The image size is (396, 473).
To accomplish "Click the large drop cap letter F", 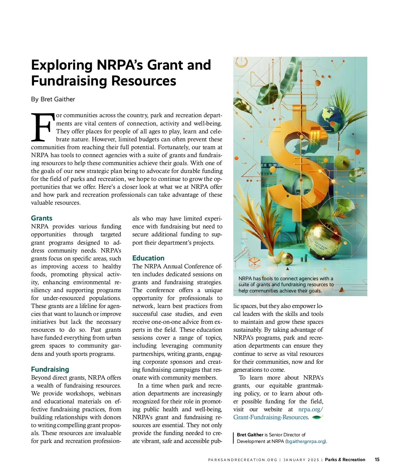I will pos(43,127).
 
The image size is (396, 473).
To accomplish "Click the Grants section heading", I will pos(42,218).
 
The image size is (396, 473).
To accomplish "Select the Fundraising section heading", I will pos(50,369).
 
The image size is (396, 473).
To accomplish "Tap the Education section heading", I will pos(148,258).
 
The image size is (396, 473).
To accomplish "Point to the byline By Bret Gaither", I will pos(53,99).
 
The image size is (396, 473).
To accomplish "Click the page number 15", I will pos(377,459).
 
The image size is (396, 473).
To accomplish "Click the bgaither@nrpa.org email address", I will pos(306,441).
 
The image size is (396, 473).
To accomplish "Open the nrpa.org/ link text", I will pos(311,409).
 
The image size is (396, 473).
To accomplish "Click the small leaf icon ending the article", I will pos(317,417).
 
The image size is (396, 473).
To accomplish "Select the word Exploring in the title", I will pos(62,65).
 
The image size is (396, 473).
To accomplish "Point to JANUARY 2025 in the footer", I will pos(301,460).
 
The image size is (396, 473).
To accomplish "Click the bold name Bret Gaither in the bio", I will pos(250,435).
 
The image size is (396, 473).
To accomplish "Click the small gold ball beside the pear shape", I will pos(287,258).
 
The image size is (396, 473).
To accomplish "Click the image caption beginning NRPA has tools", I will pos(286,285).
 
